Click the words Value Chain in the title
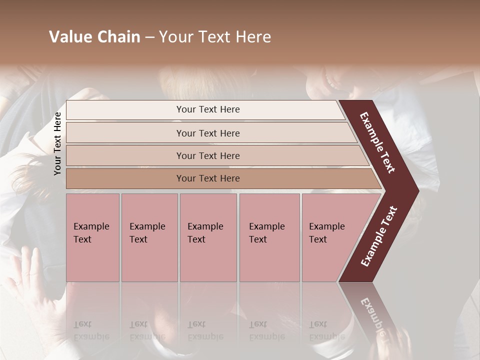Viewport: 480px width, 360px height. click(94, 37)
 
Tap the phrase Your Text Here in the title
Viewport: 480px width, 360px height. click(215, 37)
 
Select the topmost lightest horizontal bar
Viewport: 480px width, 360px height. click(125, 110)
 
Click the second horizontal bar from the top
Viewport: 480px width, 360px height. click(125, 133)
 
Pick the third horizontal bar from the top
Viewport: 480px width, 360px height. click(125, 155)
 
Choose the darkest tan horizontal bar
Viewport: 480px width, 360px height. click(125, 178)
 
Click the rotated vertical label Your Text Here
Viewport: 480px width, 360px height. click(58, 144)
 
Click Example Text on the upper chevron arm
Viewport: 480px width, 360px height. click(377, 142)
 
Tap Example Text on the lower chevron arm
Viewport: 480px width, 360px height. click(379, 236)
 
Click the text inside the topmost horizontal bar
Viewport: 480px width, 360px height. click(208, 109)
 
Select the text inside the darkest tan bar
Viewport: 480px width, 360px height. click(208, 178)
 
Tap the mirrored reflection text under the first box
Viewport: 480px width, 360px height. click(91, 331)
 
